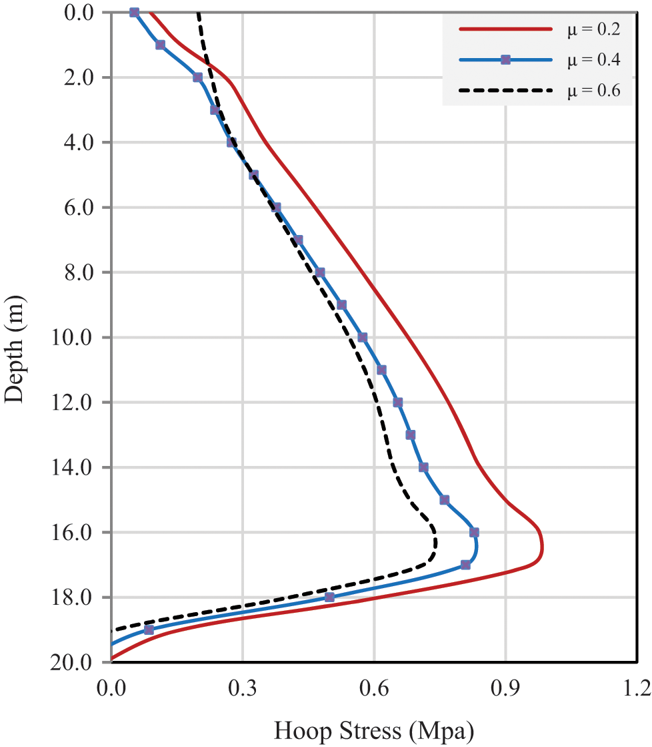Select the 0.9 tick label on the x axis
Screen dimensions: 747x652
(505, 688)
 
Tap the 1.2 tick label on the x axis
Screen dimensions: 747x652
(636, 688)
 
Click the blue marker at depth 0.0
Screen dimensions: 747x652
(134, 12)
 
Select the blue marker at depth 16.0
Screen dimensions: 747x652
(474, 532)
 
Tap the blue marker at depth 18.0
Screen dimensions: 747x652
(329, 597)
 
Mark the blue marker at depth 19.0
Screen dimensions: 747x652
(149, 630)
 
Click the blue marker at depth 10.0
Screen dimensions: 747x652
(362, 337)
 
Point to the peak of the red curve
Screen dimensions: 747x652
(543, 549)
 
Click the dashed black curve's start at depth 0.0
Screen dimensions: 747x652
(198, 13)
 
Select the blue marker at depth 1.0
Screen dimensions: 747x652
(160, 45)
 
